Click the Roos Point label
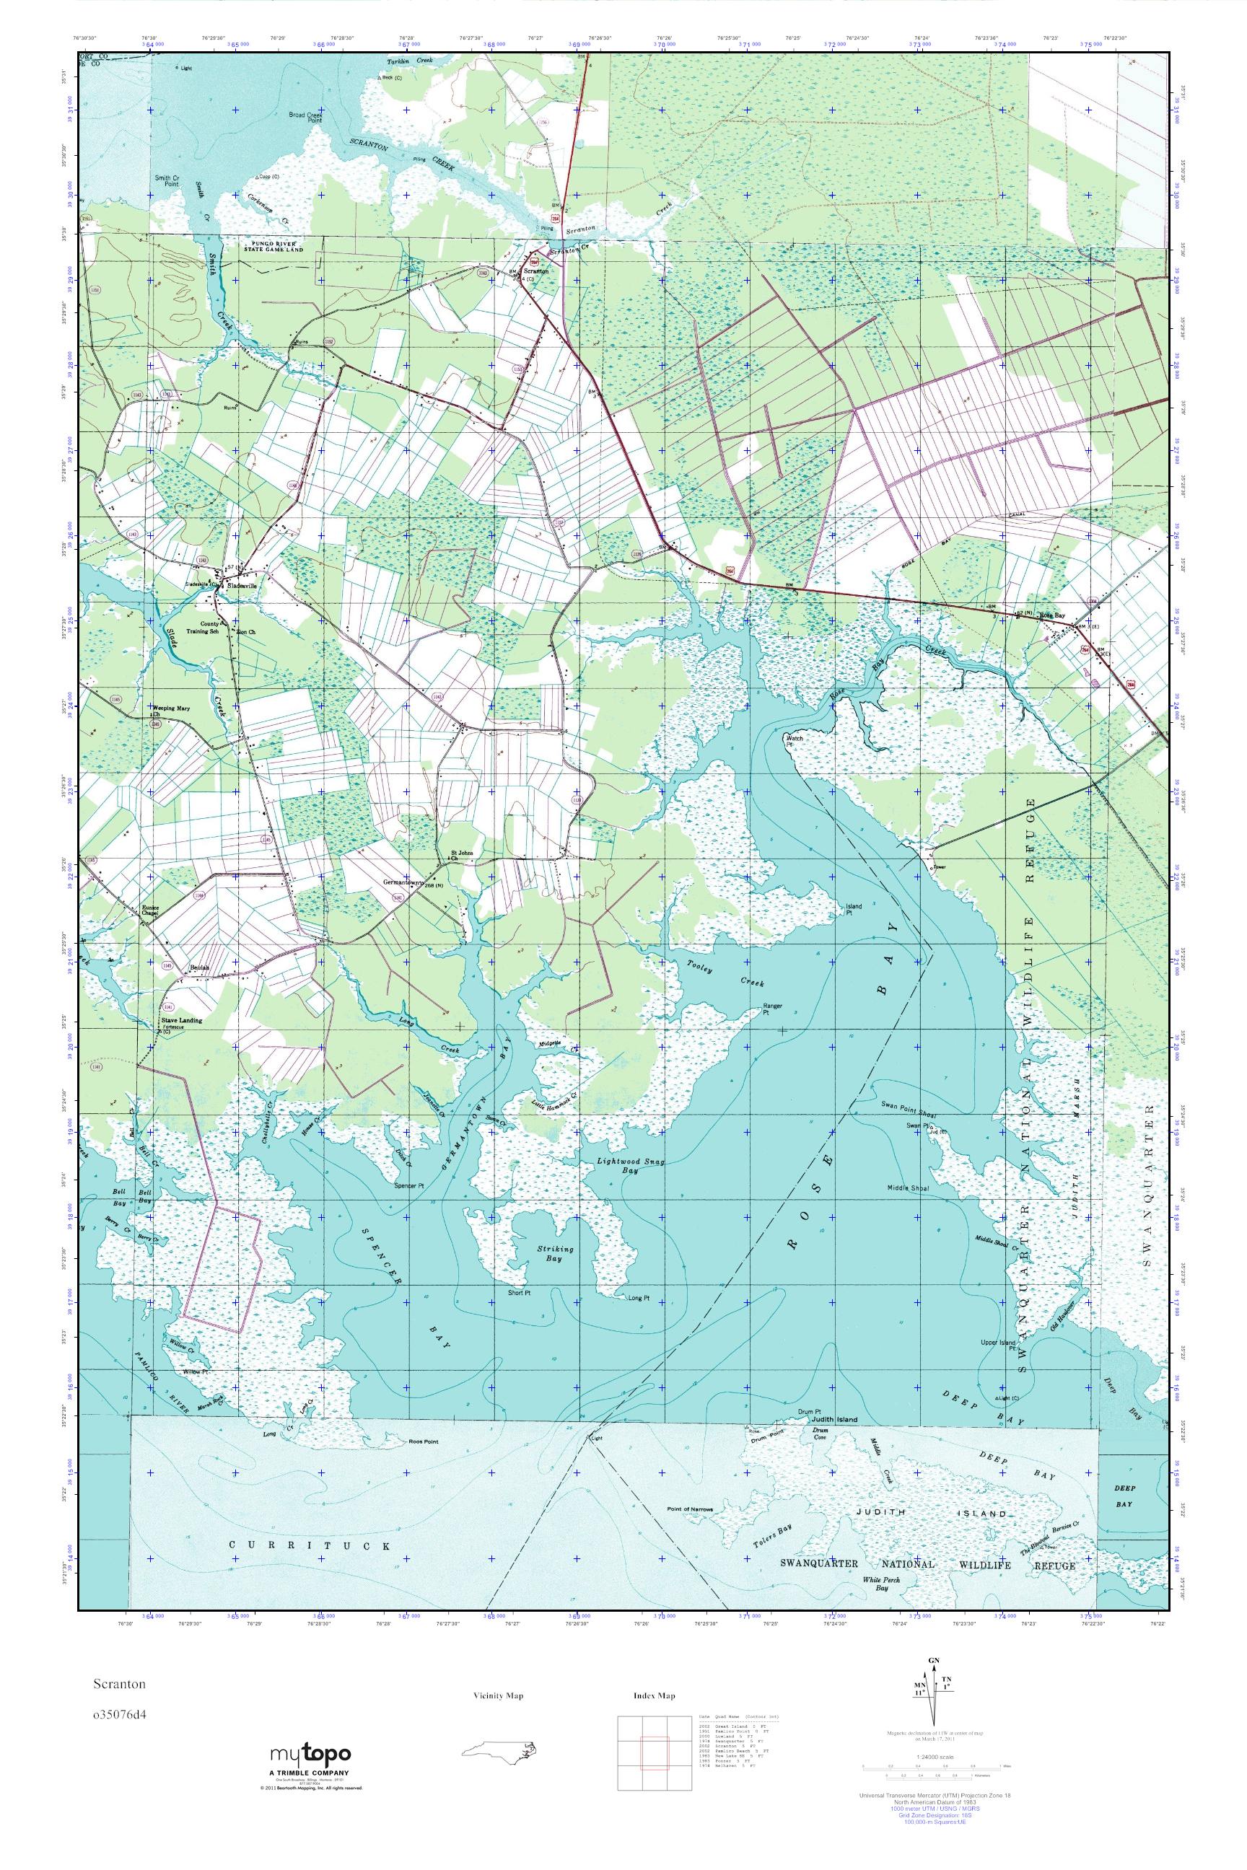(422, 1441)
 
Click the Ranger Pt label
(772, 1009)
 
